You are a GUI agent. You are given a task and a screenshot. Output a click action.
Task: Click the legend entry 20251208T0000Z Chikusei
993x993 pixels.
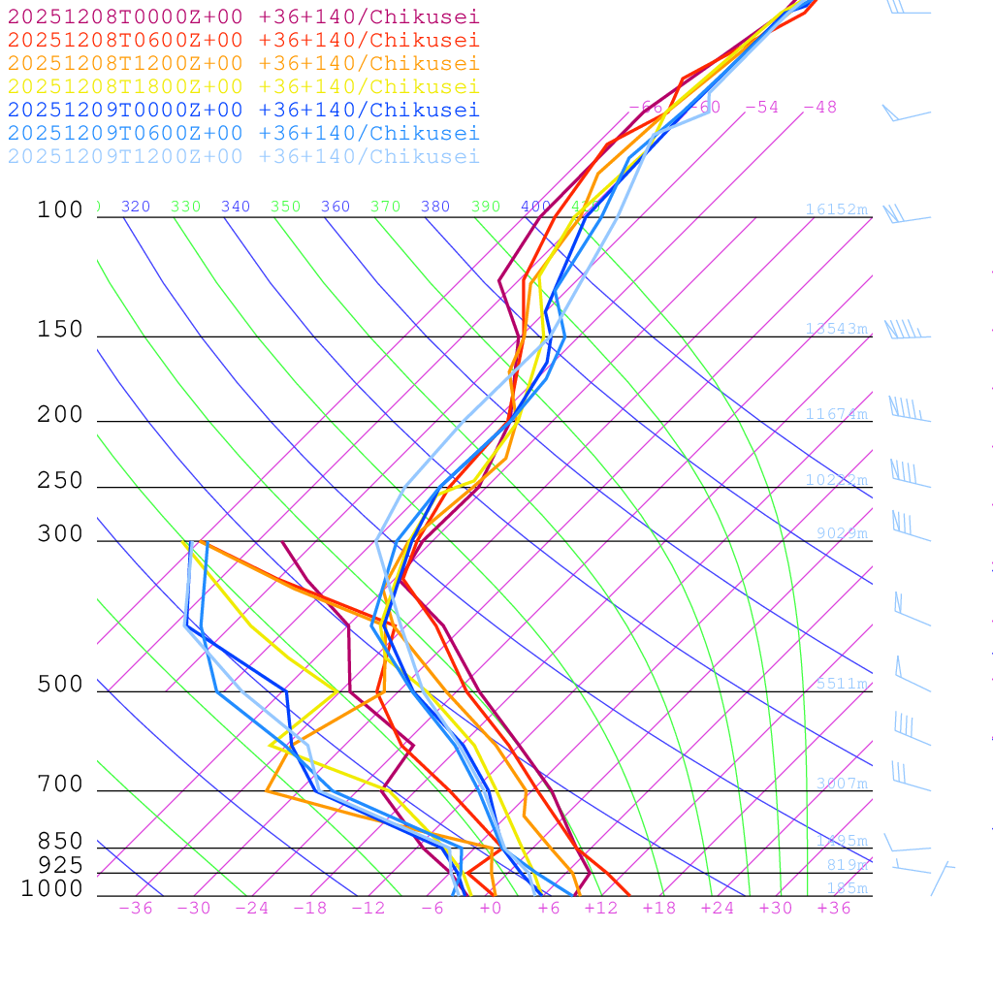(243, 16)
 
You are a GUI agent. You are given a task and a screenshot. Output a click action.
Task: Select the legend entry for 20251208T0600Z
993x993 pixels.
(243, 40)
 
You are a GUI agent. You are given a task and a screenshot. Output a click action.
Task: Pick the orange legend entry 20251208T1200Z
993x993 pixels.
(243, 63)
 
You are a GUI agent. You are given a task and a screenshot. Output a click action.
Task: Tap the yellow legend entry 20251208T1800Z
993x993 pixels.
(243, 86)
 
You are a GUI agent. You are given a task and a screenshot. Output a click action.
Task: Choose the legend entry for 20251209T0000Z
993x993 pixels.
(243, 110)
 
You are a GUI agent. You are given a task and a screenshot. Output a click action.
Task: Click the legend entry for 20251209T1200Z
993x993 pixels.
(243, 156)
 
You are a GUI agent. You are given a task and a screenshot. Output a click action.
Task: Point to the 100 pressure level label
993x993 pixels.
(60, 209)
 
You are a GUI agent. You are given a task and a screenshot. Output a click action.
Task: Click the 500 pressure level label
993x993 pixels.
(60, 685)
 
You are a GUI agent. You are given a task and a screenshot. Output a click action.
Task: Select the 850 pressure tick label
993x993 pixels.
(60, 842)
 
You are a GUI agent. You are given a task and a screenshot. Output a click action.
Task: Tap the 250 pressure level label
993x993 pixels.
(60, 481)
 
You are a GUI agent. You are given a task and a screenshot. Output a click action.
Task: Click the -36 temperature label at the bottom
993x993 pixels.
(135, 908)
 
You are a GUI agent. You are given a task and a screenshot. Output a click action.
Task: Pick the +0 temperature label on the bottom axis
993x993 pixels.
(490, 908)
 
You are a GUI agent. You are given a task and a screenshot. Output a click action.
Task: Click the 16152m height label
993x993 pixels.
(836, 209)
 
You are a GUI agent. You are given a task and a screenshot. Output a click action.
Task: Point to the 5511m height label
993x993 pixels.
(841, 684)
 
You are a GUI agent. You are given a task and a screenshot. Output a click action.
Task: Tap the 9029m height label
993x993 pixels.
(841, 533)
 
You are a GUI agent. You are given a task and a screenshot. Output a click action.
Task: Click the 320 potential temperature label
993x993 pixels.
(136, 207)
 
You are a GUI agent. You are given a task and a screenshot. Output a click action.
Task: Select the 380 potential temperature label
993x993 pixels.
(435, 207)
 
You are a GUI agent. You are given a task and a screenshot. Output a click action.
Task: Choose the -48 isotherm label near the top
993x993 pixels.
(819, 107)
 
